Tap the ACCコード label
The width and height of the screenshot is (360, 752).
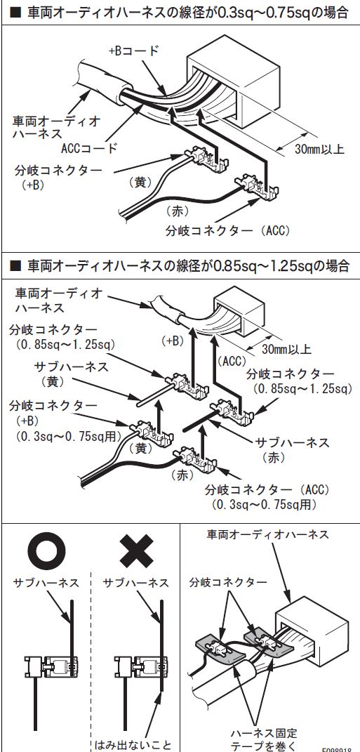(x=89, y=147)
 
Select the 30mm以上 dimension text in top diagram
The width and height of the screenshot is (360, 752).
(x=320, y=149)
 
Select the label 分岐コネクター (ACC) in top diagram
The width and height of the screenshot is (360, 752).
(x=228, y=230)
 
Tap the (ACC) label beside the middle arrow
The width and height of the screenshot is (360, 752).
(x=232, y=361)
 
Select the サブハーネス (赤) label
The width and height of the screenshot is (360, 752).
(x=291, y=449)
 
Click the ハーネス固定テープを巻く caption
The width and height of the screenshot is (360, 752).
(x=264, y=739)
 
